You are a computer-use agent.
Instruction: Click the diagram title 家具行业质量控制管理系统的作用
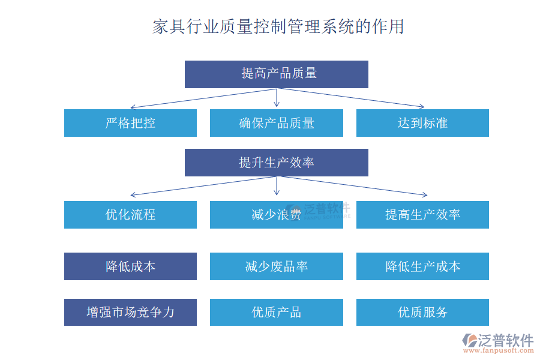[278, 27]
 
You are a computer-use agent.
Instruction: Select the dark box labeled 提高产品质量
[276, 74]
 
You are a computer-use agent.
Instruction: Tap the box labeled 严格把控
[130, 123]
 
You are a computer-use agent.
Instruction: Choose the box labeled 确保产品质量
[276, 123]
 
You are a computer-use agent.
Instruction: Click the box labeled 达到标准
[422, 123]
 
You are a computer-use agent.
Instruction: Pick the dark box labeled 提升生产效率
[276, 163]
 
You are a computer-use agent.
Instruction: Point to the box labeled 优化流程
[130, 214]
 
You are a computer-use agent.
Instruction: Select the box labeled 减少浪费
[276, 214]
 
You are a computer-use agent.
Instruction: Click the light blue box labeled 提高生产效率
[422, 214]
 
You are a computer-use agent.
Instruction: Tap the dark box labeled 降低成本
[130, 266]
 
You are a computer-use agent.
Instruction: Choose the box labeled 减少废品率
[276, 266]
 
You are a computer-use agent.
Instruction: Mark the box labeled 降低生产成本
[422, 266]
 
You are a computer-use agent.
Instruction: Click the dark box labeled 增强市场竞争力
[130, 312]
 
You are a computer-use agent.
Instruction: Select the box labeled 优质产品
[276, 312]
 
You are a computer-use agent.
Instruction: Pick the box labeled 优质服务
[422, 312]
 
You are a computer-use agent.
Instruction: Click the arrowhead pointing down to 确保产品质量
[277, 104]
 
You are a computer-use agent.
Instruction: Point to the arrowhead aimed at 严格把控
[133, 107]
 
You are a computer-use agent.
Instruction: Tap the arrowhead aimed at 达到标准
[421, 107]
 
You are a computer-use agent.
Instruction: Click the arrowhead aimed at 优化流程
[133, 195]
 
